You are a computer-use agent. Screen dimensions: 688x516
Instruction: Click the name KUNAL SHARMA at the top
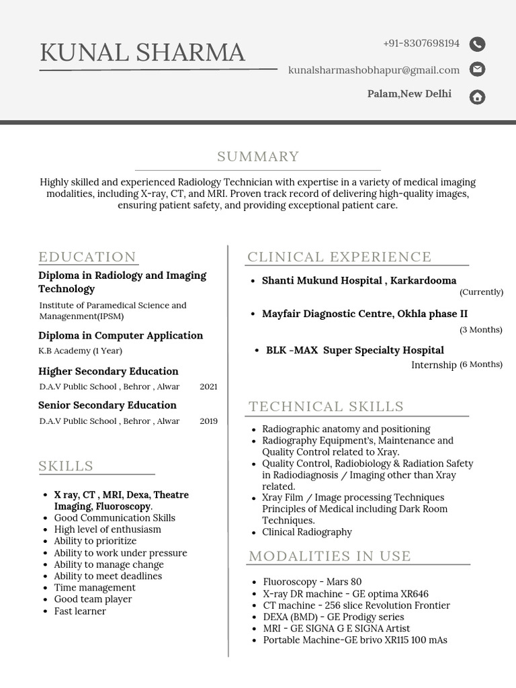coord(142,52)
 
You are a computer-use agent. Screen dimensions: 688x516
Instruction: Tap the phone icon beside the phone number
coord(477,44)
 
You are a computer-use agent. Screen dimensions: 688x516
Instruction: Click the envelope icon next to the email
coord(477,69)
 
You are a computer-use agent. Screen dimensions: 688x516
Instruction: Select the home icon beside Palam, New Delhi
coord(477,97)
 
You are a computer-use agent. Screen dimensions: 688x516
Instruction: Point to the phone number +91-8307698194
coord(421,44)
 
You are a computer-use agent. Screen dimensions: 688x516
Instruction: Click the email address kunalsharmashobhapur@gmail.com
coord(374,70)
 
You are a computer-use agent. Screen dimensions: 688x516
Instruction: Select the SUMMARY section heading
coord(258,157)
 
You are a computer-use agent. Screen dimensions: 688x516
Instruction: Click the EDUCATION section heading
coord(87,257)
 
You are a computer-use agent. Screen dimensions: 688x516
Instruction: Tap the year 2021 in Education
coord(208,387)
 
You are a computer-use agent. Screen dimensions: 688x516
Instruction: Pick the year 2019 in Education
coord(208,421)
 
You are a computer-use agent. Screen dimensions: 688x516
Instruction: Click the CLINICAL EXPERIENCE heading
coord(339,257)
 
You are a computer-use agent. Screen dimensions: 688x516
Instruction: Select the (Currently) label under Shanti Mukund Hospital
coord(481,292)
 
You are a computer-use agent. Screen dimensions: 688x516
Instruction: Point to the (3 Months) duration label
coord(480,330)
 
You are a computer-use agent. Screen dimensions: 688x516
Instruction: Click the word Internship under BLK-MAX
coord(434,365)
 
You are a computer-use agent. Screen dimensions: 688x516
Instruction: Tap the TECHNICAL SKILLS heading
coord(327,406)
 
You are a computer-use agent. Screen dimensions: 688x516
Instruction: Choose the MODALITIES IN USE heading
coord(330,556)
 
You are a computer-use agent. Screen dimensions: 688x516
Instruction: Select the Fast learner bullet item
coord(80,611)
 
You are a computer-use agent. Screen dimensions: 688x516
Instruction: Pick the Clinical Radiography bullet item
coord(307,532)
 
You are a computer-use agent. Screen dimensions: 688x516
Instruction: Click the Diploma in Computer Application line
coord(121,335)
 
